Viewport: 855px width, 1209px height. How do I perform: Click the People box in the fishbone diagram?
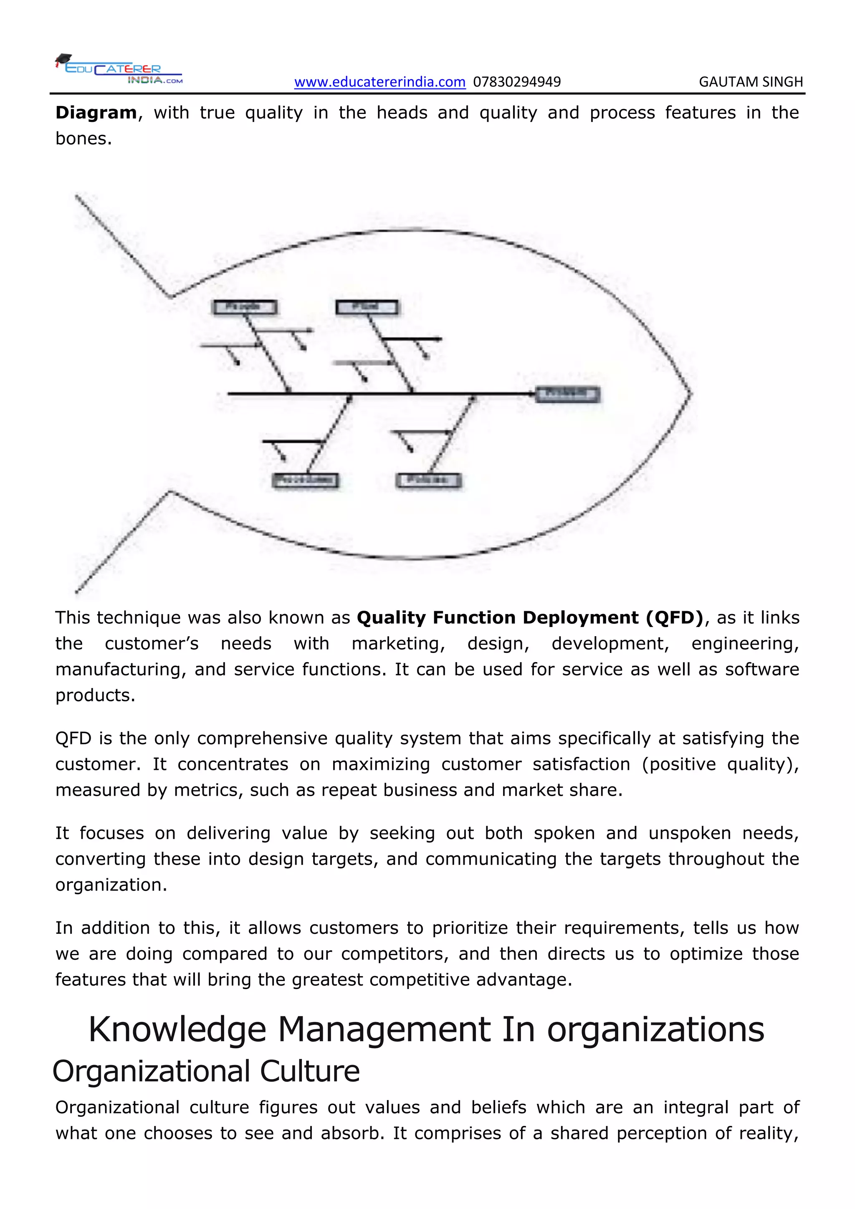click(x=244, y=307)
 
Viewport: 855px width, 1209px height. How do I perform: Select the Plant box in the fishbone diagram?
click(x=367, y=307)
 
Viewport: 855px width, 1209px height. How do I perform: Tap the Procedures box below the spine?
click(x=305, y=480)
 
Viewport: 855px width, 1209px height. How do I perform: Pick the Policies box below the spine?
click(x=429, y=480)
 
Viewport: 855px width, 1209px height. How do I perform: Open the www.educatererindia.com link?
click(x=379, y=82)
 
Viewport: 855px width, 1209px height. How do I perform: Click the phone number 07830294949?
click(x=517, y=82)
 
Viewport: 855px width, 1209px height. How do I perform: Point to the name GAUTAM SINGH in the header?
click(x=751, y=82)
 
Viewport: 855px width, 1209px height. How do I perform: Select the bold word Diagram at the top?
click(x=96, y=113)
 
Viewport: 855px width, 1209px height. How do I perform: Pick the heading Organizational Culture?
click(x=206, y=1072)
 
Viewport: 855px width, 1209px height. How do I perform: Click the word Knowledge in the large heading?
click(x=177, y=1030)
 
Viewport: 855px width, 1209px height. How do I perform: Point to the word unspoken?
click(x=690, y=833)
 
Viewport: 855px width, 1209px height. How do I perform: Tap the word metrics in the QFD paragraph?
click(x=208, y=790)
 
